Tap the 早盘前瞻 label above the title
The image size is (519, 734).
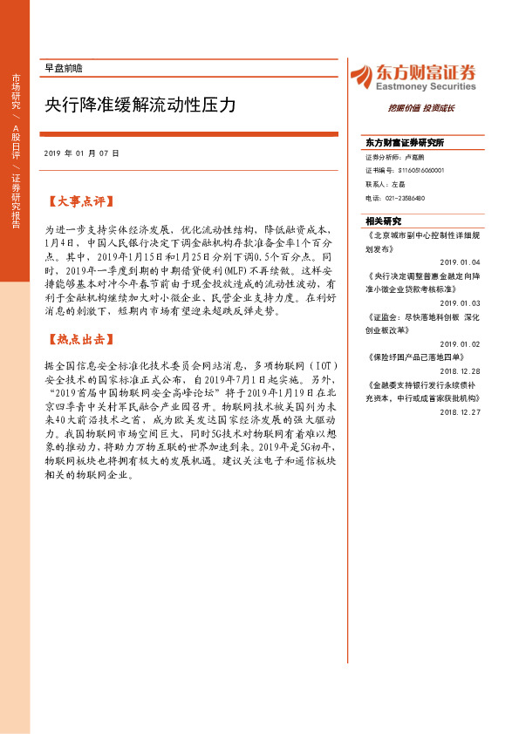click(x=62, y=67)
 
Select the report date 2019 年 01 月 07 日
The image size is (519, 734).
click(x=82, y=153)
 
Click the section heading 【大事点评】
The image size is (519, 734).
click(x=80, y=201)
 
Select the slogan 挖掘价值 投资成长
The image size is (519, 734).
click(x=420, y=108)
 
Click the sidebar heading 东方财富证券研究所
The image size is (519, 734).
click(x=405, y=142)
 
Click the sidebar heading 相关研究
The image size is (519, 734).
click(x=383, y=221)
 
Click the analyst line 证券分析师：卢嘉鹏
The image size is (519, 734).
click(x=394, y=158)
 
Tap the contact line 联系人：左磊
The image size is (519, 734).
click(x=386, y=185)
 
